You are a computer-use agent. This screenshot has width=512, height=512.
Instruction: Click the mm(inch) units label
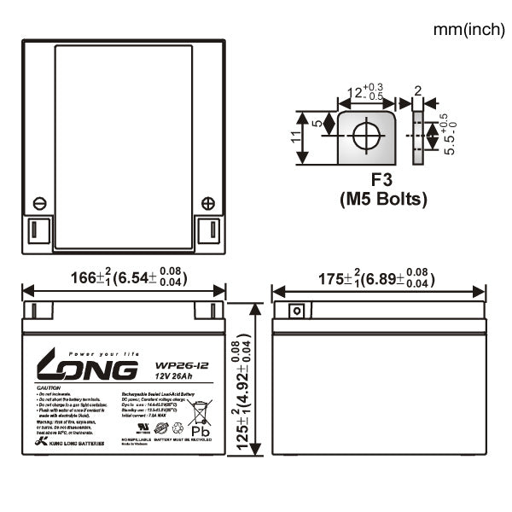[468, 30]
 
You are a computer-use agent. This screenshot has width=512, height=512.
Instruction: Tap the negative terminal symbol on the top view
[39, 203]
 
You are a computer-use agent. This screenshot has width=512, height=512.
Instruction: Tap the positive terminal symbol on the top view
[207, 203]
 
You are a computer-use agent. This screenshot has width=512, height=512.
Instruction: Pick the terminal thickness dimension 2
[417, 91]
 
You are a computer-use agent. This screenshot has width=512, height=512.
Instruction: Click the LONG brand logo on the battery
[85, 368]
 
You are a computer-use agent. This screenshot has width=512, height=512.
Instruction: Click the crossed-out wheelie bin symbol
[201, 413]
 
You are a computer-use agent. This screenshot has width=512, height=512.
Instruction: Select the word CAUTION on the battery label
[49, 387]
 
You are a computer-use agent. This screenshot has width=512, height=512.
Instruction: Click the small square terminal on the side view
[295, 311]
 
